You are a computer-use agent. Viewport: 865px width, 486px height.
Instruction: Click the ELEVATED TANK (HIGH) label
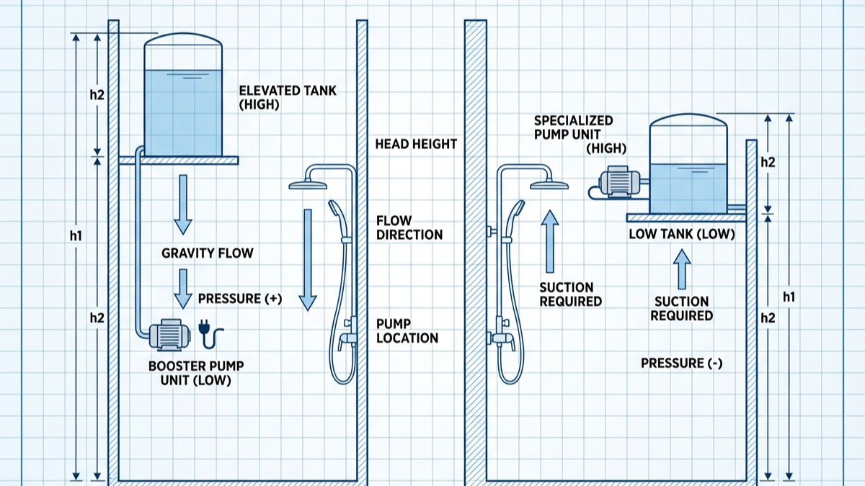tap(288, 97)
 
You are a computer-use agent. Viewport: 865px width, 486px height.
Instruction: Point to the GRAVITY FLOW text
tap(208, 253)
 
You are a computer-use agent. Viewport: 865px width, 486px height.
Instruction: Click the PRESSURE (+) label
tap(239, 299)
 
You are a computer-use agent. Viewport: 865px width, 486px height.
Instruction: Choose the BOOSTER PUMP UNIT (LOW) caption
tap(190, 373)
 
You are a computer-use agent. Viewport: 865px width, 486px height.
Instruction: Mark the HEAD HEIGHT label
tap(416, 144)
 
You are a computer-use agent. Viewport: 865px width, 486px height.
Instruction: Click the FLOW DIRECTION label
tap(409, 228)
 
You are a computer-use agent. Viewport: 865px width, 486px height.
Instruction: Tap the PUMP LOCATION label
tap(407, 330)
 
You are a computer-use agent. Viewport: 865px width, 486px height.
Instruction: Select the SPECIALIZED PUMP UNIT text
tap(573, 127)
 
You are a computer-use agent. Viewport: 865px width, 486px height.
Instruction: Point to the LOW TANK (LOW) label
tap(681, 234)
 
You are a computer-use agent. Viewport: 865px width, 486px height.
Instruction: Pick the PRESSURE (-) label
tap(681, 364)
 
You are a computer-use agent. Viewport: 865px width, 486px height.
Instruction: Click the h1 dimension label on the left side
tap(76, 235)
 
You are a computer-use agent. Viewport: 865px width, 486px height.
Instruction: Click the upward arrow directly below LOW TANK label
tap(682, 268)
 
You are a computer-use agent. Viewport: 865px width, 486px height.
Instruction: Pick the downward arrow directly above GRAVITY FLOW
tap(183, 204)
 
